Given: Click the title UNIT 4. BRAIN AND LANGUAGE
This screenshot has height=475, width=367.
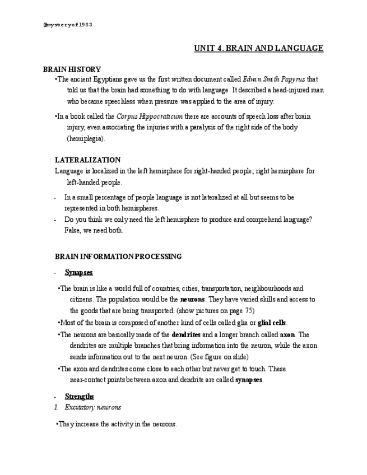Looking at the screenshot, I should pos(258,48).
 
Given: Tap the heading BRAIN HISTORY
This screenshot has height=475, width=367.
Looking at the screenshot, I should pos(72,69).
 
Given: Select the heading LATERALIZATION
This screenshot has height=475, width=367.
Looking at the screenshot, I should pos(87,160).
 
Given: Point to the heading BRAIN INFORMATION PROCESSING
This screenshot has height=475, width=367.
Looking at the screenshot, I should pos(118,257).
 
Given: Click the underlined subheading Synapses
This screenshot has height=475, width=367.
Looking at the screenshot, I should pos(78,272).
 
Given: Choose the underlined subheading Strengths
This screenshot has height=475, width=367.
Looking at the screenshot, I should pos(79,397).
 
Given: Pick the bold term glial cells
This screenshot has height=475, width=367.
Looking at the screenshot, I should pos(272,323).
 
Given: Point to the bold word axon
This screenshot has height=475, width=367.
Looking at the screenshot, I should pos(287,334).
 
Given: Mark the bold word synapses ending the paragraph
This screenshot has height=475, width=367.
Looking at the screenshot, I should pos(249,380).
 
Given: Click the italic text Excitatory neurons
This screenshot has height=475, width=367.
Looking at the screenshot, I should pos(93,407).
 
